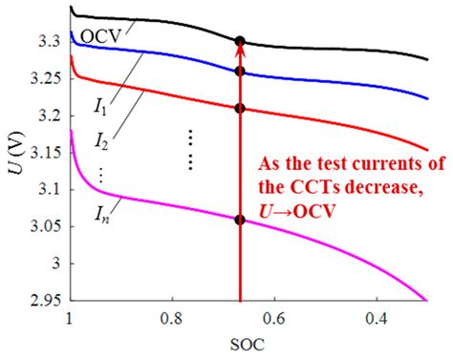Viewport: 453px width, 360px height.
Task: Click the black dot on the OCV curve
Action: point(240,41)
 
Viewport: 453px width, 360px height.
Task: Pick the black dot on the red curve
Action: point(240,108)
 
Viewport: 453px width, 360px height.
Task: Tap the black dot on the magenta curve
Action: point(240,220)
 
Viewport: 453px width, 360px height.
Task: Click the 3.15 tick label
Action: point(45,152)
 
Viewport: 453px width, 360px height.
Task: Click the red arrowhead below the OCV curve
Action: point(240,53)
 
